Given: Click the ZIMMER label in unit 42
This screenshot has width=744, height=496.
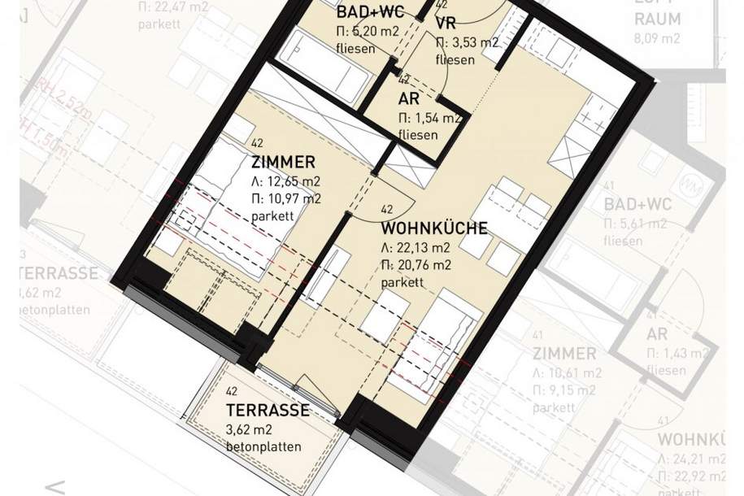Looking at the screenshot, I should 283,163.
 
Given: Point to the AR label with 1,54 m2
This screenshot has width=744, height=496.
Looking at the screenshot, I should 409,99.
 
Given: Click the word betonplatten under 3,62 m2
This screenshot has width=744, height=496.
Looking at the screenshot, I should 263,446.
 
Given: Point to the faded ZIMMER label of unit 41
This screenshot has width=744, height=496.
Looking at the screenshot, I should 564,354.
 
